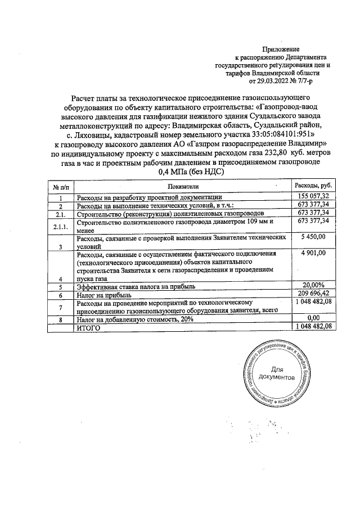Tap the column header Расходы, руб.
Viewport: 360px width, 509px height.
(x=313, y=186)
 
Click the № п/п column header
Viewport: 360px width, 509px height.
(x=61, y=186)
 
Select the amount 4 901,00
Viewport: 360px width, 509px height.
(x=313, y=254)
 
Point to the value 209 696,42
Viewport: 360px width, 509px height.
(x=312, y=294)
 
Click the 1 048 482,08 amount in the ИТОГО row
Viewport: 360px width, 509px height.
(x=313, y=326)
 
